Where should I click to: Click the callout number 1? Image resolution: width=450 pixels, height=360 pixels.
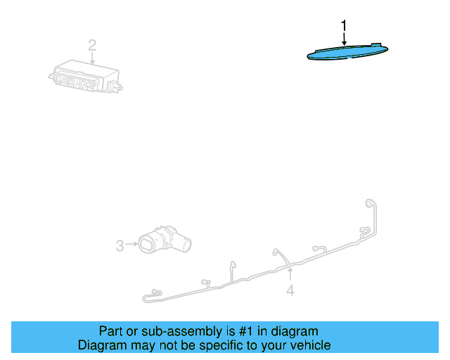tap(344, 26)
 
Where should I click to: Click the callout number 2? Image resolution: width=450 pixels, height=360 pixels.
tap(92, 46)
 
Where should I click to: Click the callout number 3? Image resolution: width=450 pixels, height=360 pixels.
tap(120, 245)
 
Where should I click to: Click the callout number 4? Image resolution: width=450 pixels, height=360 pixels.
tap(290, 290)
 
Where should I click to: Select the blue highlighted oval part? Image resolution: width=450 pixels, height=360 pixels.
tap(347, 52)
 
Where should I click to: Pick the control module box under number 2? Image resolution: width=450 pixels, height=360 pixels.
tap(86, 77)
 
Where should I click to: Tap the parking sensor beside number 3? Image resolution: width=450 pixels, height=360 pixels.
tap(165, 240)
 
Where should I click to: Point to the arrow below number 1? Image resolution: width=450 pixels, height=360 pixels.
tap(344, 39)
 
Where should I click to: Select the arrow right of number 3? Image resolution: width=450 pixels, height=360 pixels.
tap(132, 244)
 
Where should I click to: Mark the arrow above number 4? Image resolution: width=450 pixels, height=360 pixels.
tap(290, 274)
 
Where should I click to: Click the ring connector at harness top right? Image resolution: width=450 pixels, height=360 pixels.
tap(368, 203)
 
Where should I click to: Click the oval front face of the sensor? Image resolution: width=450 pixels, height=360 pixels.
tap(146, 244)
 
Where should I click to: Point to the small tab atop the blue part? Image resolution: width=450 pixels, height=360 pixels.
tap(376, 45)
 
